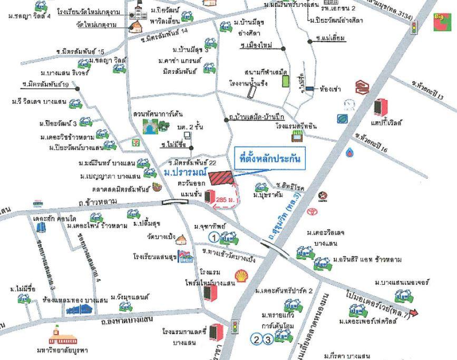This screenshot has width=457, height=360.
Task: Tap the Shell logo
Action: pyautogui.click(x=241, y=275)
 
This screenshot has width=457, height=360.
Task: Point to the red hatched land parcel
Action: pyautogui.click(x=220, y=178)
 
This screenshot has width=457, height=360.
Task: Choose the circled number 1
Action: pyautogui.click(x=214, y=238)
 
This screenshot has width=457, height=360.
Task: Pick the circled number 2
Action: pyautogui.click(x=256, y=339)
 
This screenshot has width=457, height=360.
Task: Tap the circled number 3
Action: pyautogui.click(x=267, y=339)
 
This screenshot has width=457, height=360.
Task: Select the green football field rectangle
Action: pyautogui.click(x=286, y=81)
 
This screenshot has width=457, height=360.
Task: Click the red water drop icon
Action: pyautogui.click(x=351, y=153)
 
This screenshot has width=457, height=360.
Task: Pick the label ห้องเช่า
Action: pyautogui.click(x=330, y=89)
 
